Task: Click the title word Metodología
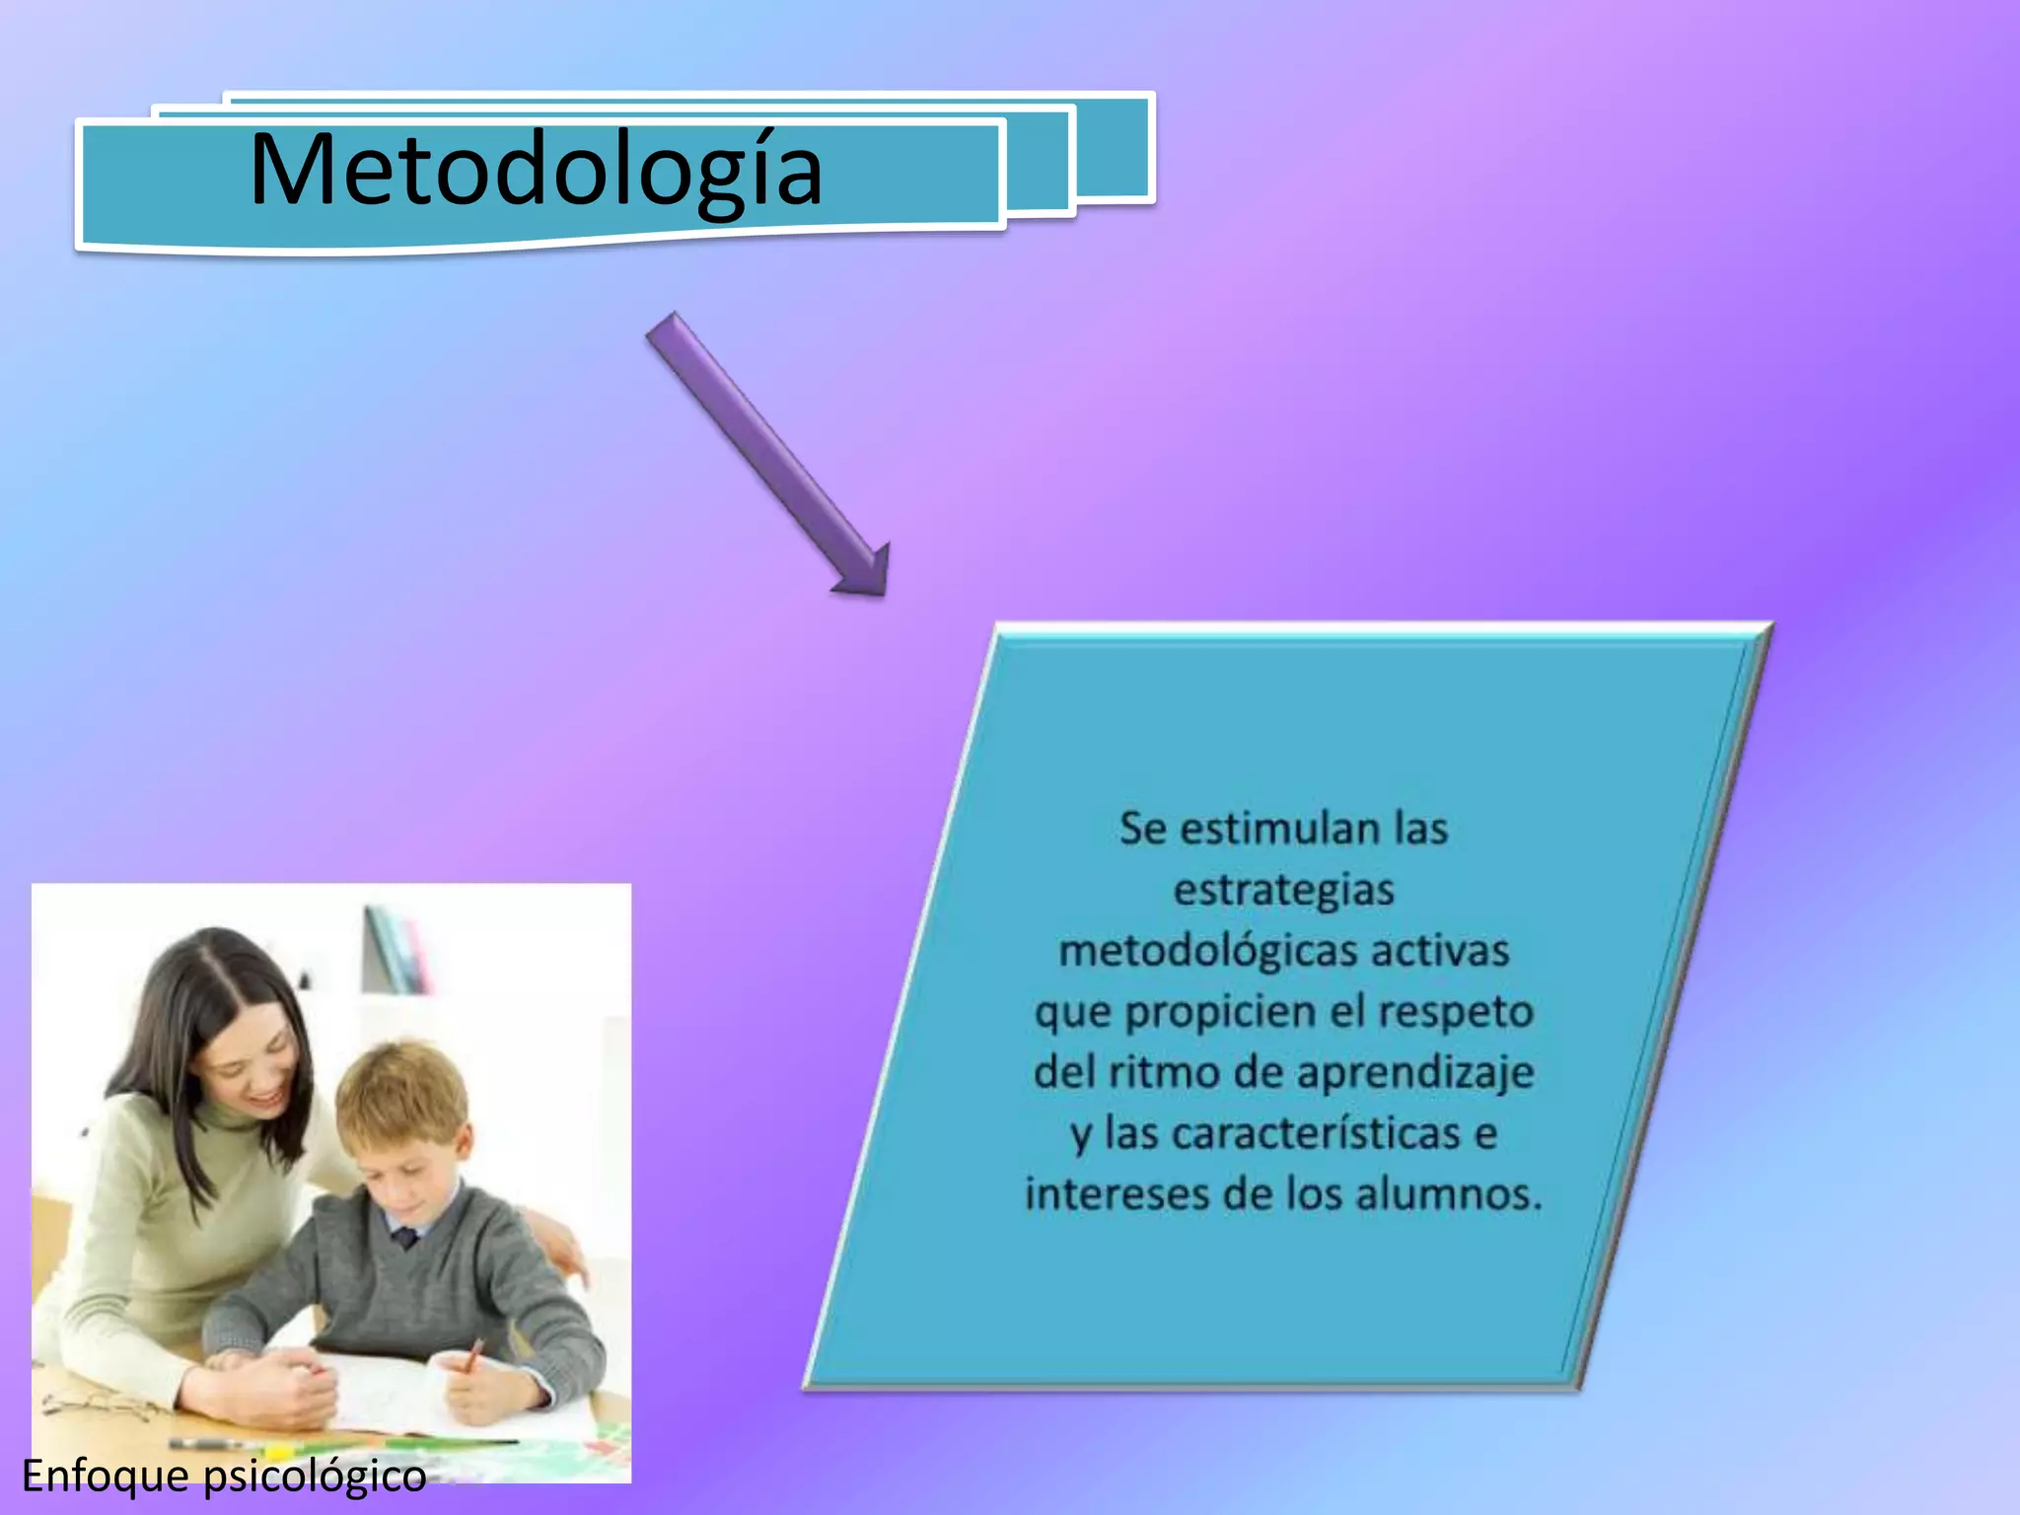(536, 170)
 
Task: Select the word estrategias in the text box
(1283, 890)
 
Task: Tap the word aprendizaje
(1416, 1073)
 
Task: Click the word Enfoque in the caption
(106, 1477)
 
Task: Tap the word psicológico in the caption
(315, 1477)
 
